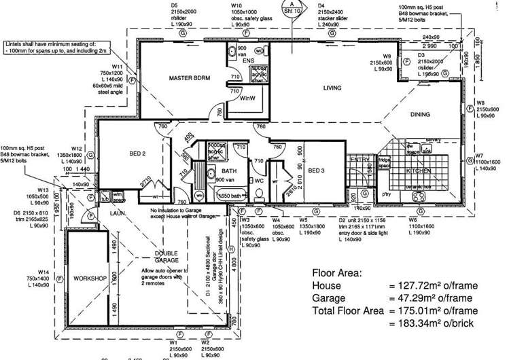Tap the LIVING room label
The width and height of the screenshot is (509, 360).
332,88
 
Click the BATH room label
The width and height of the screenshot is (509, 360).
229,170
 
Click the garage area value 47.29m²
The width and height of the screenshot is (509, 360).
417,299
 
